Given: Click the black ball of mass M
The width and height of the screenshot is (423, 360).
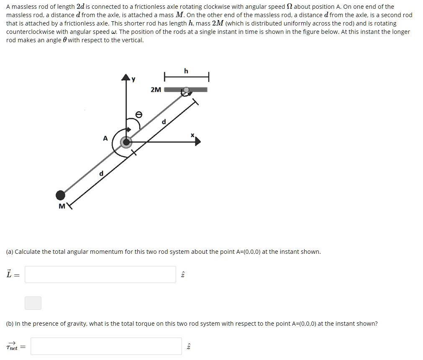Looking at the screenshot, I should [61, 195].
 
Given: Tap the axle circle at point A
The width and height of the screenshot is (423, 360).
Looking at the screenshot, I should [126, 142].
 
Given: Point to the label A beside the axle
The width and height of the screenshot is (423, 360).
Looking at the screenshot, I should [105, 138].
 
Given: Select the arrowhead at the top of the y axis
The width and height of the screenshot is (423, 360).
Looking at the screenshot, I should [126, 77].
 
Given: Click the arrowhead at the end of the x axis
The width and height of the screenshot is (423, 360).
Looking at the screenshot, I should [197, 142].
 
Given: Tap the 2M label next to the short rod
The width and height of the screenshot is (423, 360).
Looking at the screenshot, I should [156, 89].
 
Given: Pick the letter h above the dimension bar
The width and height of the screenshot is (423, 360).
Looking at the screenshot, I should [186, 71].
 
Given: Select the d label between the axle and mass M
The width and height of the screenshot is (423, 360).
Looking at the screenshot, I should [101, 174].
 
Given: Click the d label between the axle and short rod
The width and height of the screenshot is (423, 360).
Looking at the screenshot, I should [164, 122].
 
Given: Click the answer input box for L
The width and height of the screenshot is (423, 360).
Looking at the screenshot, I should [100, 274].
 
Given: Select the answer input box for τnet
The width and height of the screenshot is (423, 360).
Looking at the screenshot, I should [106, 346].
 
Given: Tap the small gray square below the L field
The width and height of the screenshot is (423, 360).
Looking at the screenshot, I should [33, 303].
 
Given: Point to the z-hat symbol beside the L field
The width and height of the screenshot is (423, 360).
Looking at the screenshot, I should [182, 275].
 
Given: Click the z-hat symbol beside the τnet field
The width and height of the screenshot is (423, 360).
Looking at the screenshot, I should [188, 347].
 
